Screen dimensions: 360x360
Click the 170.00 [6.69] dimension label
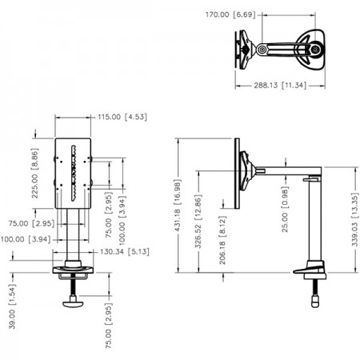pyautogui.click(x=230, y=14)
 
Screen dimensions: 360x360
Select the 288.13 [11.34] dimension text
pyautogui.click(x=280, y=86)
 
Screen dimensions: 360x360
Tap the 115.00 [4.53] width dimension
pyautogui.click(x=122, y=117)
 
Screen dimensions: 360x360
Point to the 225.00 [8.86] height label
pyautogui.click(x=35, y=173)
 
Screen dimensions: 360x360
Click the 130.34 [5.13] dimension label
pyautogui.click(x=125, y=252)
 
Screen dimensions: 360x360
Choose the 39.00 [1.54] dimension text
pyautogui.click(x=12, y=306)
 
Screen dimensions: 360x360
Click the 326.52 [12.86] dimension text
pyautogui.click(x=198, y=221)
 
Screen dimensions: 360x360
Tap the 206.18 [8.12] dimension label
pyautogui.click(x=222, y=240)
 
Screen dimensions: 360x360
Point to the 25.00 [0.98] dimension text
pyautogui.click(x=285, y=210)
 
